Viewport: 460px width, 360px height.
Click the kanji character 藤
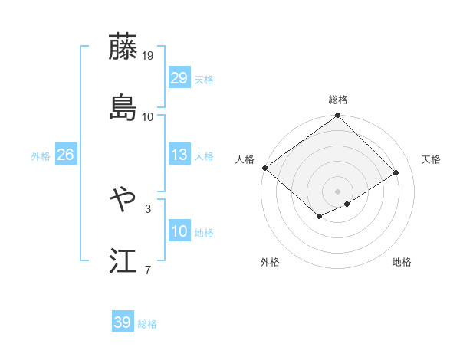pos(123,47)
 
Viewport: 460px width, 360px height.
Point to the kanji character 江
pos(123,260)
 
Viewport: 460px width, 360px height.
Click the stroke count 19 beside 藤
pos(148,56)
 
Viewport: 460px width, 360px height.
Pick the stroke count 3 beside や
pos(148,208)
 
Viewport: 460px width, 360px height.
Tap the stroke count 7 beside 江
pos(148,270)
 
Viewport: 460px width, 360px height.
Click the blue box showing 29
pos(179,78)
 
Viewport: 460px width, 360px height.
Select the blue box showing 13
pos(179,155)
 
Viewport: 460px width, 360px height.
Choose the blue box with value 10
pos(179,231)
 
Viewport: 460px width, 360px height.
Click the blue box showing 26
pos(65,155)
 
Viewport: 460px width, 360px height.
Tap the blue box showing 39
pos(123,322)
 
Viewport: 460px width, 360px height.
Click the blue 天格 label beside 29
pos(204,80)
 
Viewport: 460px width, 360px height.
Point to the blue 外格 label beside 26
pos(41,156)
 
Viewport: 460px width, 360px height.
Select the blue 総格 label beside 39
pos(148,324)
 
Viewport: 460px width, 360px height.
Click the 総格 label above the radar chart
pos(338,100)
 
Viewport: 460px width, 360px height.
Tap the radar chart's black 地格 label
pos(402,262)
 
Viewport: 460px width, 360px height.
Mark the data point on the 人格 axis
pos(264,168)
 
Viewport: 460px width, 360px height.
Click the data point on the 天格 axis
pos(396,173)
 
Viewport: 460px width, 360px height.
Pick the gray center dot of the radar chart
pos(337,191)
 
